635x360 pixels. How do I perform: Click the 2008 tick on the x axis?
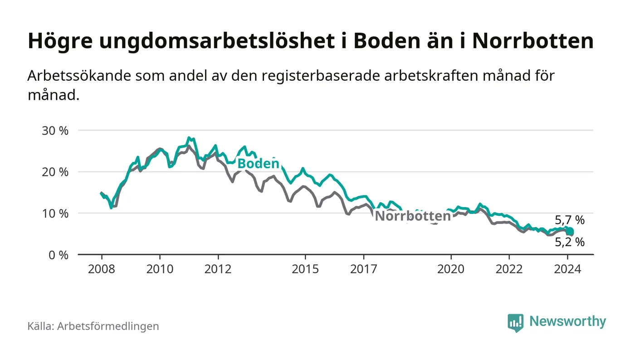pos(102,269)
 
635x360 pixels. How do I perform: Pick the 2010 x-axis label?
pos(160,269)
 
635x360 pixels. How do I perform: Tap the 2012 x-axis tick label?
pos(218,269)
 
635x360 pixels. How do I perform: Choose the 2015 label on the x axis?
pos(306,269)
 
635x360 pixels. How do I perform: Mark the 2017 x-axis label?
pos(364,269)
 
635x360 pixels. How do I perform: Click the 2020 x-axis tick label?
pos(451,269)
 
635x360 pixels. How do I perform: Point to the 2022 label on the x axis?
pos(509,269)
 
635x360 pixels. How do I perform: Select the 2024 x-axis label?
pos(567,269)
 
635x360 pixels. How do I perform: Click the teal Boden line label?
pos(258,164)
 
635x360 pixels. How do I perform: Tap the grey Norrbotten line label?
pos(413,216)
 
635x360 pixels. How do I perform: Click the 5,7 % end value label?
pos(570,221)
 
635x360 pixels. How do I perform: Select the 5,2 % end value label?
pos(570,243)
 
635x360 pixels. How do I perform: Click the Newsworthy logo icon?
pos(515,322)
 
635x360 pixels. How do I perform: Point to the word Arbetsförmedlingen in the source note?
pos(108,326)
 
